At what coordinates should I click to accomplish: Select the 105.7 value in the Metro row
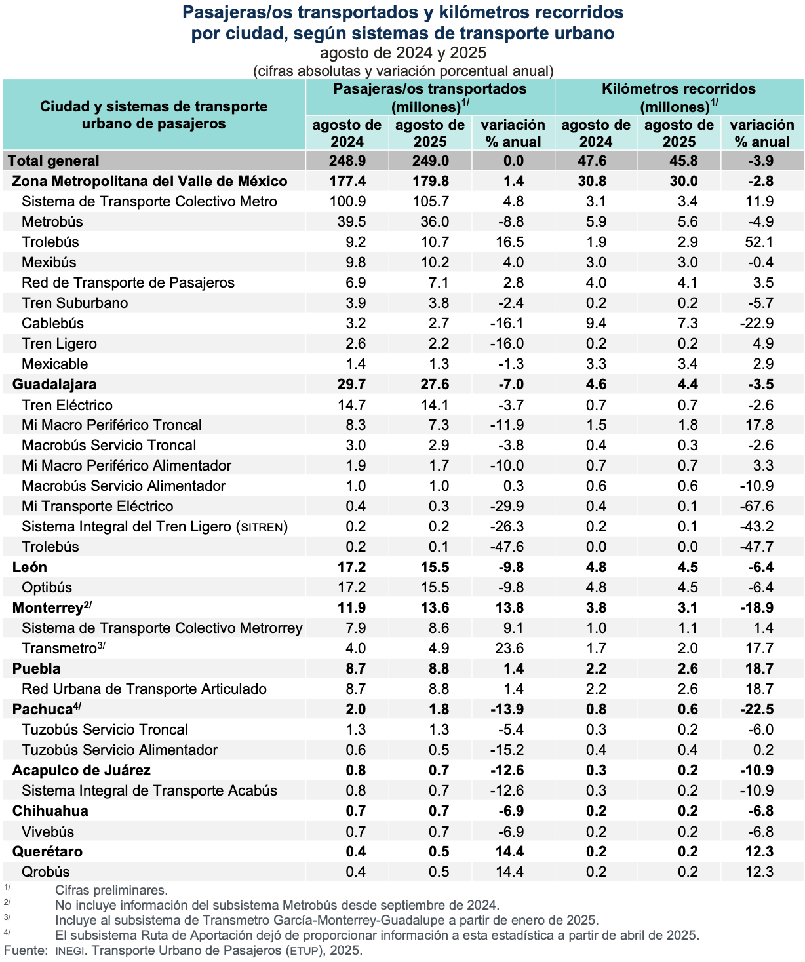(431, 201)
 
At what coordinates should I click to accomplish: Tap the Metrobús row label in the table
(52, 221)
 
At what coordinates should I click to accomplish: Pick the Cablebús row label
(52, 323)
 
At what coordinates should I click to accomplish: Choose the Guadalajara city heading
(54, 384)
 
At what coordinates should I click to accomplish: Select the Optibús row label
(47, 587)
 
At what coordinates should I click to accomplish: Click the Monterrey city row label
(49, 607)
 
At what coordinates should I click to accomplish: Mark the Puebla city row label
(37, 668)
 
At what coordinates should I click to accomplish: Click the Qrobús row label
(46, 872)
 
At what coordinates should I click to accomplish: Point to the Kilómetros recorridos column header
(678, 97)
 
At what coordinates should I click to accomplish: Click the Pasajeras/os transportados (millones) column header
(430, 97)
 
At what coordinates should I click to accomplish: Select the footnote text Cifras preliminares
(111, 890)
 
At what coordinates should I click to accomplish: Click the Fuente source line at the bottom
(183, 950)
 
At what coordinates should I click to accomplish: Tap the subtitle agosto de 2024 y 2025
(403, 53)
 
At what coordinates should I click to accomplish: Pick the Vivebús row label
(48, 832)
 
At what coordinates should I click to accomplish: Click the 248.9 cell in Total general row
(347, 161)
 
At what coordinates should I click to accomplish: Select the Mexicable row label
(55, 364)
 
